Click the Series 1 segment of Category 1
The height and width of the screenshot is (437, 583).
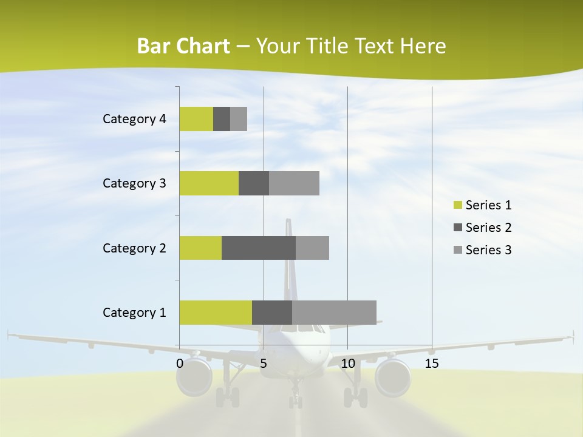coord(216,313)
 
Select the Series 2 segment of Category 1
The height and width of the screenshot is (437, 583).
coord(272,313)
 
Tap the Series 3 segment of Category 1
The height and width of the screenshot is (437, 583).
coord(334,313)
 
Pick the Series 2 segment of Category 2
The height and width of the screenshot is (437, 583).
coord(259,248)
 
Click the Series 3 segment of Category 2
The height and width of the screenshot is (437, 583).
coord(312,248)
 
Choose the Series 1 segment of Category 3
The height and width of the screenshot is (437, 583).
coord(209,183)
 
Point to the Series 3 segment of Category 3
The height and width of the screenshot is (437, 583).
coord(294,183)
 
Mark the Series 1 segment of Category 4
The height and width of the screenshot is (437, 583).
coord(196,119)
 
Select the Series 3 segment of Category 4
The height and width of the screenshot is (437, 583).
coord(239,119)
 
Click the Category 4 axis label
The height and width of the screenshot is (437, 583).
coord(134,119)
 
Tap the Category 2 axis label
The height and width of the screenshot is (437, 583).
coord(134,248)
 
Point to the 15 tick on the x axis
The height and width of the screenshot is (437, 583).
coord(432,364)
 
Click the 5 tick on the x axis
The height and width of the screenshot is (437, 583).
coord(264,364)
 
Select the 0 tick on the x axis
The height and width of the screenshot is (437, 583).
coord(180,364)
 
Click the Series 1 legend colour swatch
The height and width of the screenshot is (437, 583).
coord(458,205)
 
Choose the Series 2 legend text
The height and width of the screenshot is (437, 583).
coord(488,228)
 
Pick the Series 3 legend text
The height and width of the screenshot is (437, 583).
coord(488,250)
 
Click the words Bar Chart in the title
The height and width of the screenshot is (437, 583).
coord(183,46)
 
